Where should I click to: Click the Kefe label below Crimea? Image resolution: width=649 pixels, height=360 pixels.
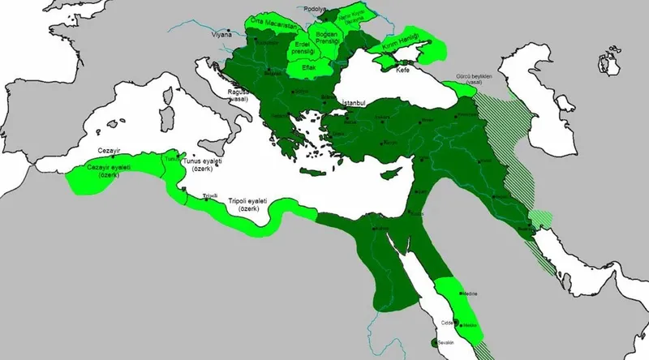point(403,72)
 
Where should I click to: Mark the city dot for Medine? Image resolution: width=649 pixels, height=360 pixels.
point(462,293)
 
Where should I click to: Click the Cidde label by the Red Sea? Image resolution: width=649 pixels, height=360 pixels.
point(446,323)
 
